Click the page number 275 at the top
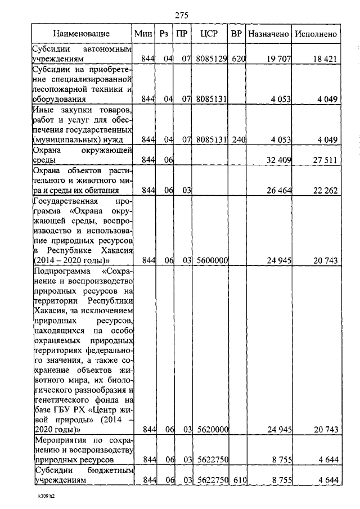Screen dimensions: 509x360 tap(181, 15)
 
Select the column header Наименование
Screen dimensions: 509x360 tap(81, 34)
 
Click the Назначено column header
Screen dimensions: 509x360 tap(268, 34)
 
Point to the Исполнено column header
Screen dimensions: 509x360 tap(316, 34)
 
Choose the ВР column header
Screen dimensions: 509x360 tap(237, 34)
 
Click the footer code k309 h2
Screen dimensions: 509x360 tap(42, 497)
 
